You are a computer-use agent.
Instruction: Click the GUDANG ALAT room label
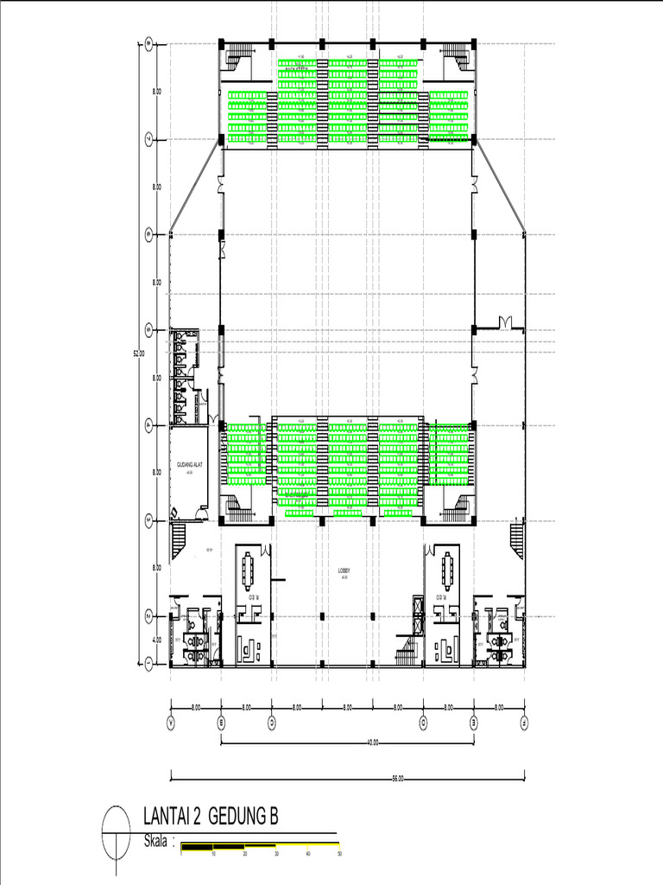[x=189, y=465]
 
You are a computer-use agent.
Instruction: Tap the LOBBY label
[x=343, y=570]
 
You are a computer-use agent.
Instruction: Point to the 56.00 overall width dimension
[x=398, y=778]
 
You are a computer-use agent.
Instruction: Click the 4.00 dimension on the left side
[x=157, y=640]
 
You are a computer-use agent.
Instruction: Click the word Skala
[x=156, y=841]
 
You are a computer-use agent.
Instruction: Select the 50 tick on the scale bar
[x=339, y=854]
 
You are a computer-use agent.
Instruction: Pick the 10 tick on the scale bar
[x=213, y=854]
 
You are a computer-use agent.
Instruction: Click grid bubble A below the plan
[x=171, y=719]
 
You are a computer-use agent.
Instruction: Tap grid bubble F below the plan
[x=524, y=719]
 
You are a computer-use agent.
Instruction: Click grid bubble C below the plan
[x=272, y=719]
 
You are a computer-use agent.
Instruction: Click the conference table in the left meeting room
[x=249, y=568]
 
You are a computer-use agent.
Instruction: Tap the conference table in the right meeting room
[x=447, y=567]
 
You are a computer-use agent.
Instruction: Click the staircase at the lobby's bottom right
[x=404, y=647]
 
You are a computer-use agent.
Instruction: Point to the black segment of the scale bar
[x=197, y=846]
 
